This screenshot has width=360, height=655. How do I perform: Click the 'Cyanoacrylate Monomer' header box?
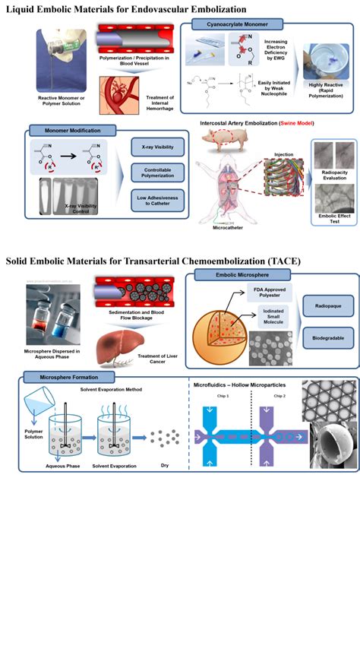(x=232, y=25)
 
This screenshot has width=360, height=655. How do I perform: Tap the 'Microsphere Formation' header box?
(x=68, y=377)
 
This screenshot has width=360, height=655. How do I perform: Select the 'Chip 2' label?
(x=279, y=396)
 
